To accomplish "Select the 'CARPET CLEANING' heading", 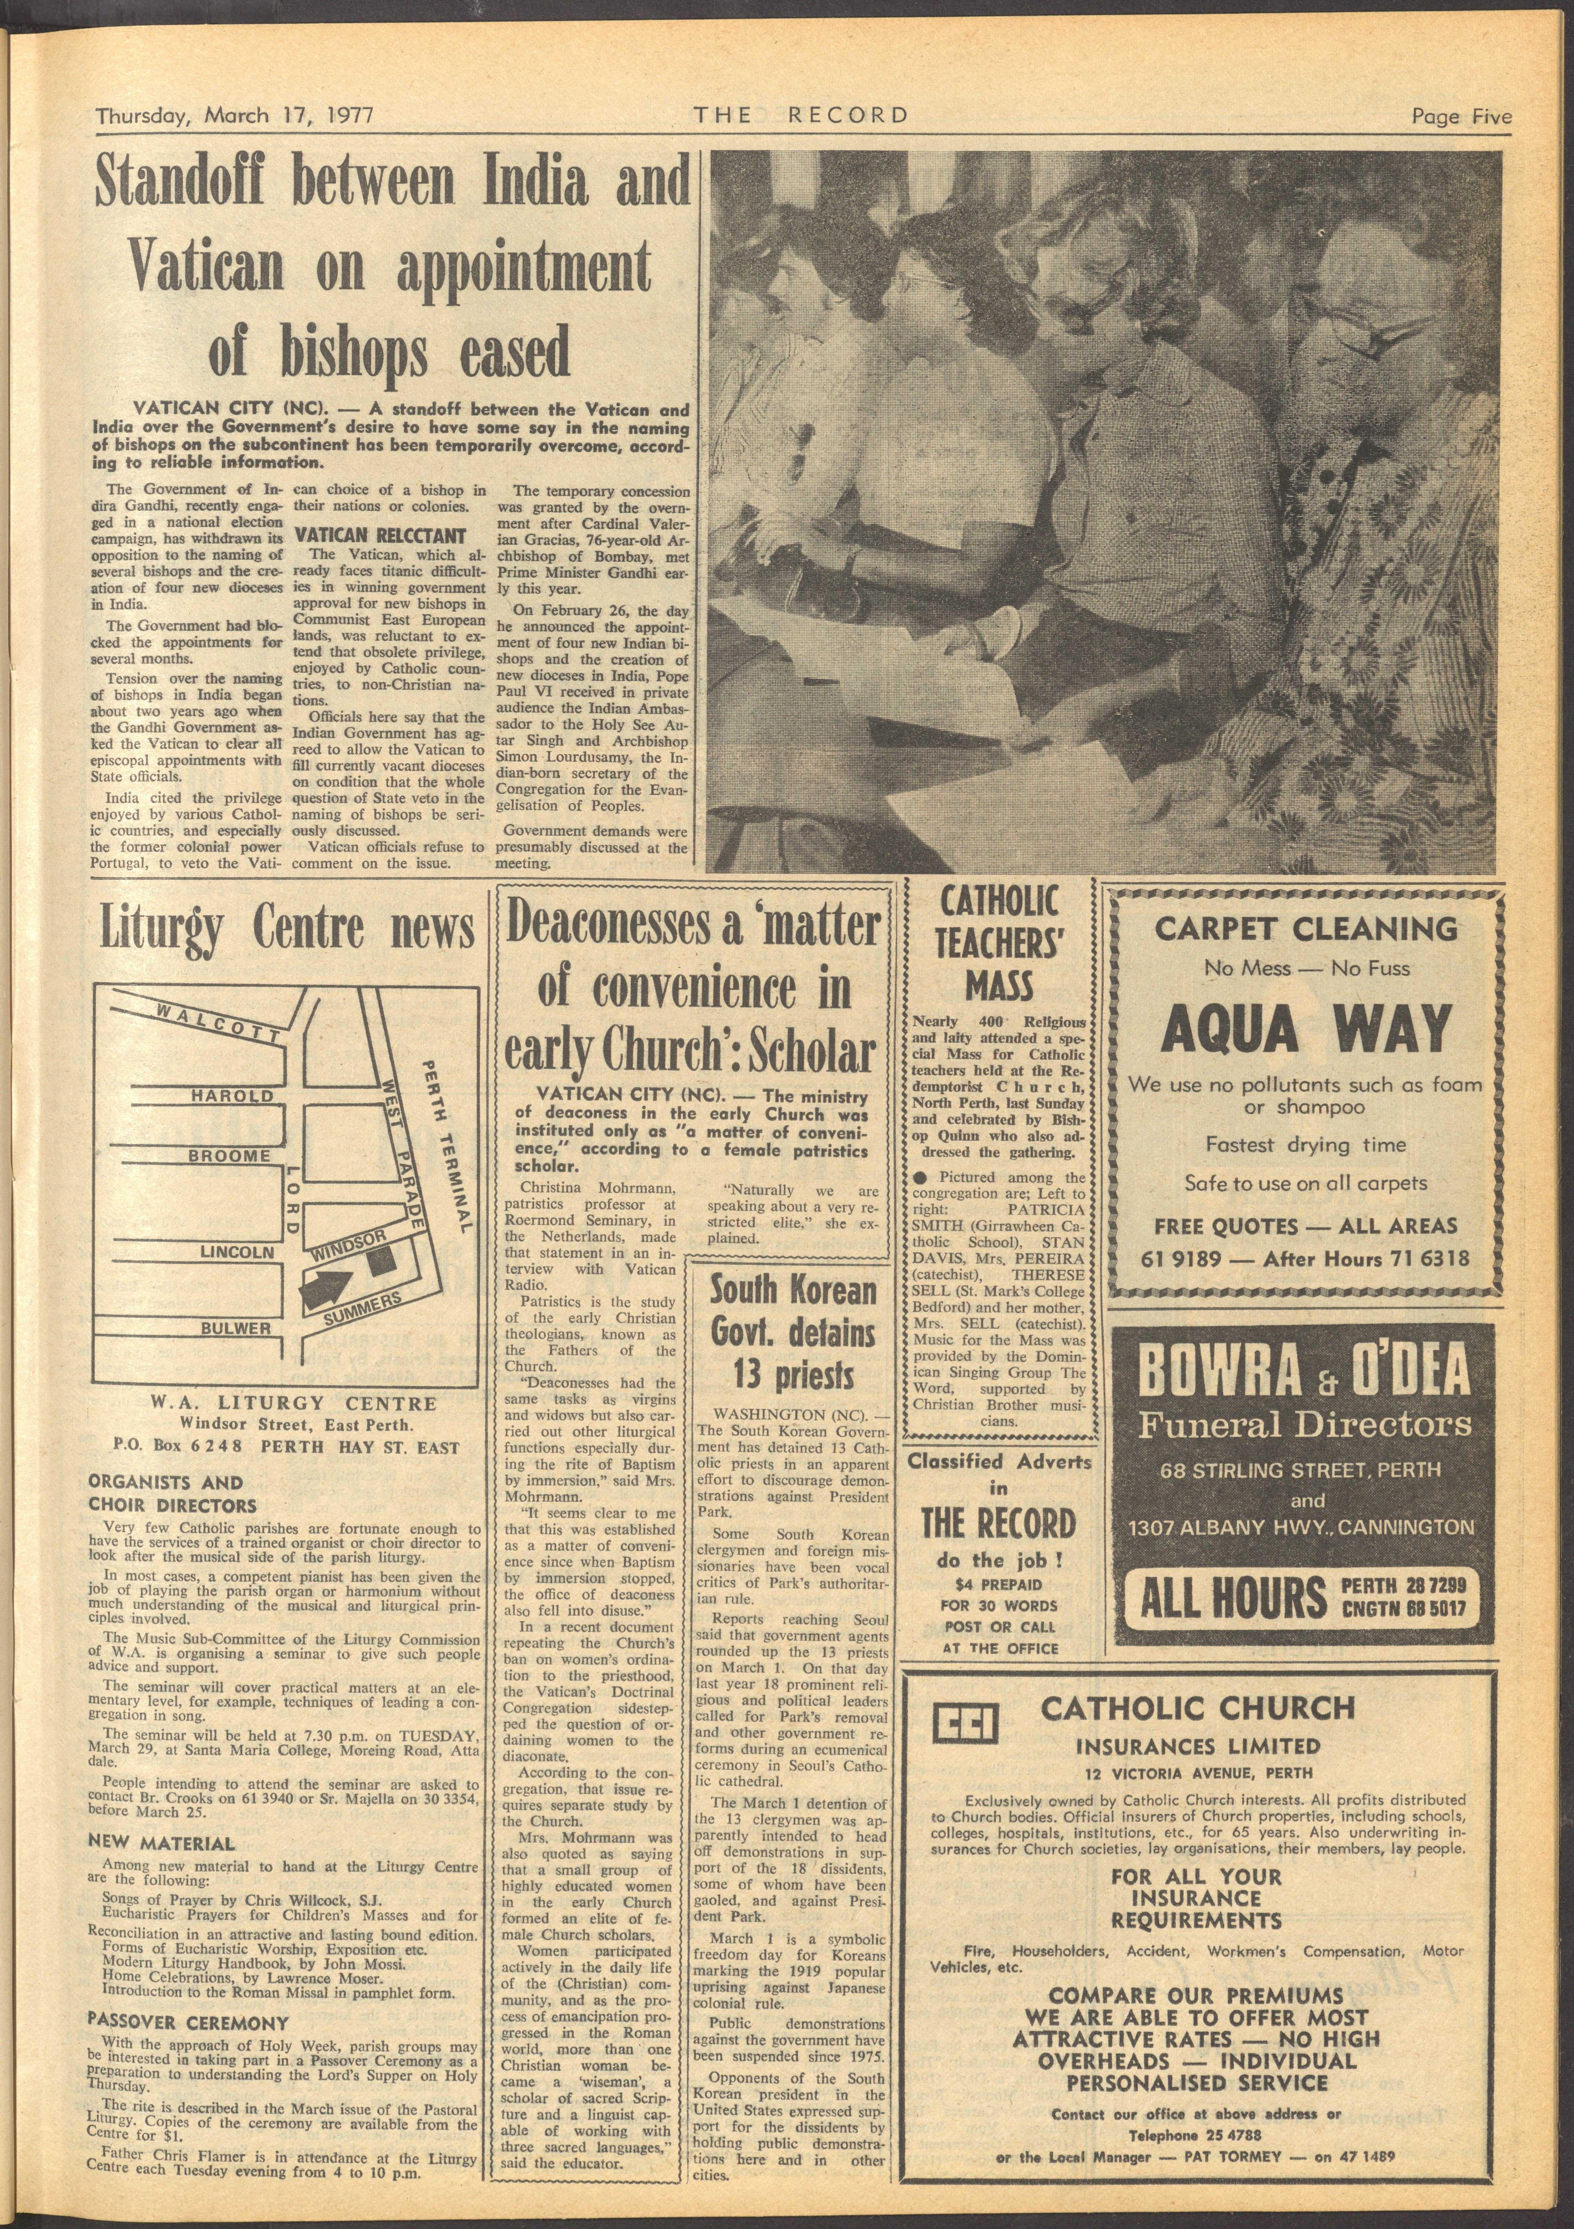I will pyautogui.click(x=1305, y=929).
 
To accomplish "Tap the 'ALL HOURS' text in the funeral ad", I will pyautogui.click(x=1233, y=1597).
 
